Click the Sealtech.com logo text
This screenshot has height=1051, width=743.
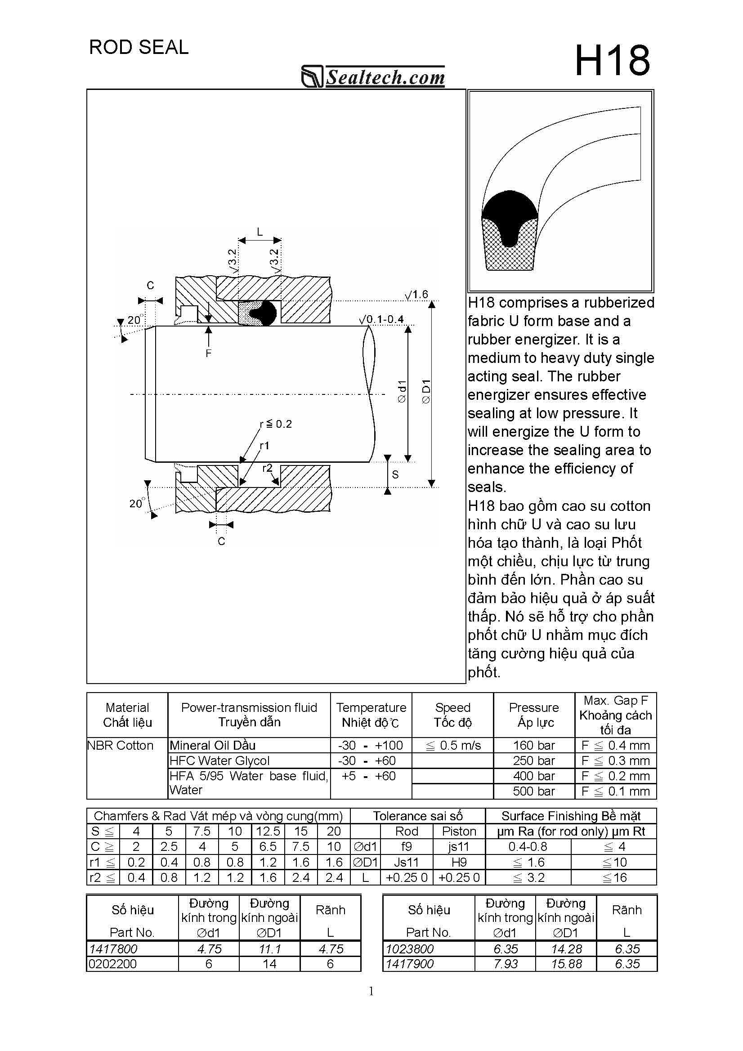(x=385, y=77)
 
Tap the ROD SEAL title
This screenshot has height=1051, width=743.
(x=138, y=48)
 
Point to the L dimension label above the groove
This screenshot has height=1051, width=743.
(x=260, y=232)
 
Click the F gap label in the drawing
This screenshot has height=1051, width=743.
(x=208, y=353)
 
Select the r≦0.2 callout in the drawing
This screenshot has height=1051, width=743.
(x=276, y=424)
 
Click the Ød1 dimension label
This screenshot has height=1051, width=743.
(x=402, y=391)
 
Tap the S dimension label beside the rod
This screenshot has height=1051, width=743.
(x=395, y=475)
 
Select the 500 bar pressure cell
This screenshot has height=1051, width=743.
(x=533, y=792)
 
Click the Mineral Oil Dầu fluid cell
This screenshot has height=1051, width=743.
(x=212, y=746)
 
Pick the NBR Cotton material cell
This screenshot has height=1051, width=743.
(x=121, y=746)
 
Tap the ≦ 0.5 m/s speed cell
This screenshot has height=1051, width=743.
(x=453, y=746)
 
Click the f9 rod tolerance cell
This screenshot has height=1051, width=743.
(x=407, y=847)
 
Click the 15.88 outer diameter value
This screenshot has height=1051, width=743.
(x=566, y=964)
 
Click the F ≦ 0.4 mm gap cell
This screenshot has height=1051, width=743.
(x=615, y=746)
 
